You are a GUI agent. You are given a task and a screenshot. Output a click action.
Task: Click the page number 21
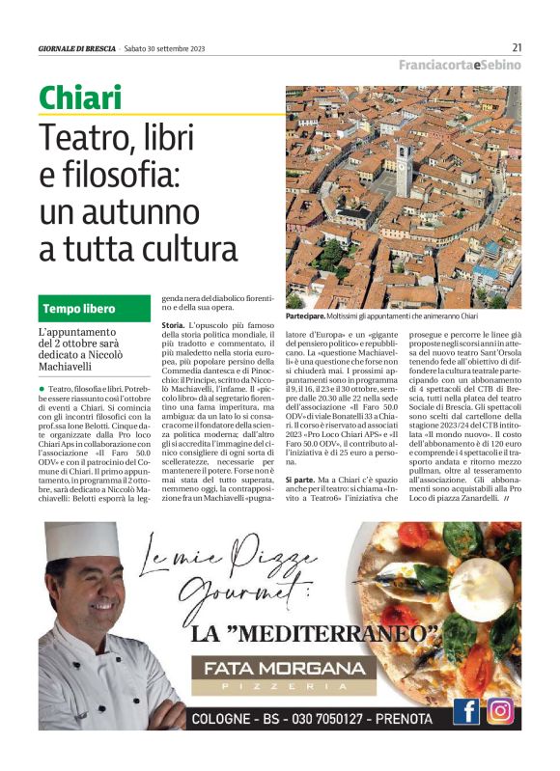[x=517, y=47]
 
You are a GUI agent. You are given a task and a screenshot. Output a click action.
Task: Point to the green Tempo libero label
[x=79, y=309]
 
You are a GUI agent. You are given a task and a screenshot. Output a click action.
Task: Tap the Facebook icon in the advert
[x=466, y=711]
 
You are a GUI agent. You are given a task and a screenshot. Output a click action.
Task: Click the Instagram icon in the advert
[x=500, y=711]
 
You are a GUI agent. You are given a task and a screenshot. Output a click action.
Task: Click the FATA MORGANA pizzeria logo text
[x=270, y=668]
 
